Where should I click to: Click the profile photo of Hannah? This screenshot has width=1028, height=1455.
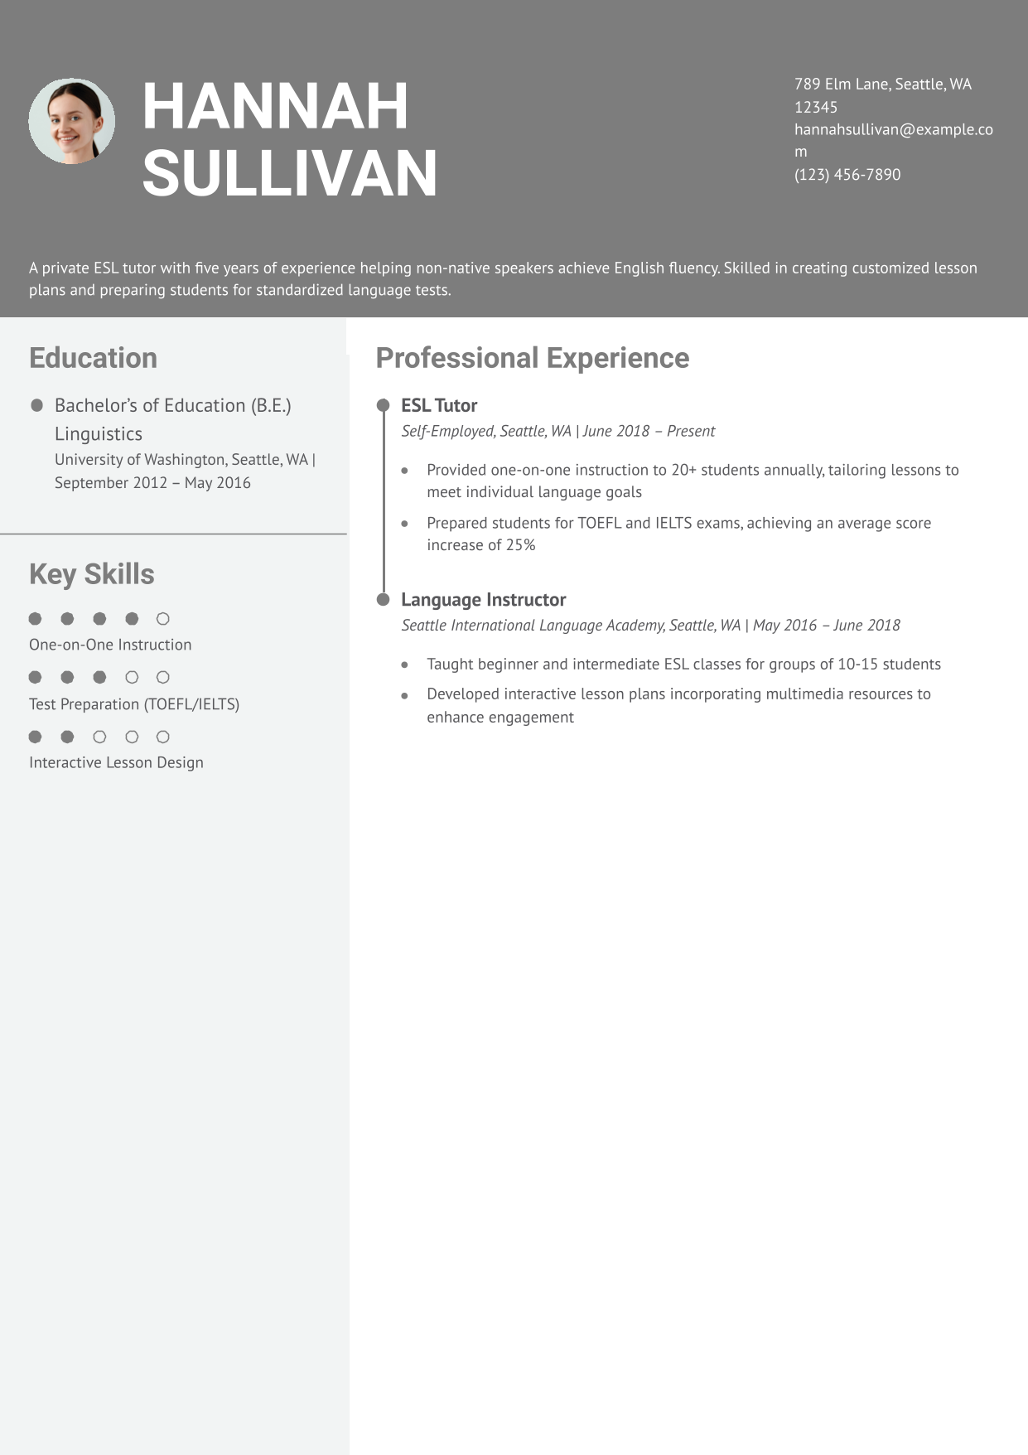click(71, 121)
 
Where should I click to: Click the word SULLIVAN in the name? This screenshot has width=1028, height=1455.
click(289, 173)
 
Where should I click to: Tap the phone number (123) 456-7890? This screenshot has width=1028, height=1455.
click(847, 175)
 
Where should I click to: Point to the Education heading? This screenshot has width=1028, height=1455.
click(93, 358)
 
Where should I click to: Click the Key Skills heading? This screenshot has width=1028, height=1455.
click(91, 574)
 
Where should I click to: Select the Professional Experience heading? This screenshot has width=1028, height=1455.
click(532, 358)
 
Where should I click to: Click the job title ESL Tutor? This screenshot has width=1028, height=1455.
click(439, 405)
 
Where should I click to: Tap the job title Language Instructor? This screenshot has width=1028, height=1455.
click(483, 599)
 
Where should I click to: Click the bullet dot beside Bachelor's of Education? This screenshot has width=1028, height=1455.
click(36, 405)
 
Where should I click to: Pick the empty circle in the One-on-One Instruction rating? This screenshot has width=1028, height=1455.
click(163, 619)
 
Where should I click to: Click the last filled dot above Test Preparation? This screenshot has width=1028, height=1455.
click(99, 677)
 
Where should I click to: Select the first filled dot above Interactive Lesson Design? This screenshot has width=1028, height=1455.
click(35, 737)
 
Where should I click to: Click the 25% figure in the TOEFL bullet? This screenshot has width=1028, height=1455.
click(520, 545)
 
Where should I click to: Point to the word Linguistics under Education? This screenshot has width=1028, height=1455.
click(99, 434)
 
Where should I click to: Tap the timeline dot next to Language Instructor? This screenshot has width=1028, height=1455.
click(383, 599)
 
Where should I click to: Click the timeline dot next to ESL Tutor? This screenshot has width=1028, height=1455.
click(383, 405)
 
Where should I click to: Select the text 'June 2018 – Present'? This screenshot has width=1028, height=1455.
click(649, 431)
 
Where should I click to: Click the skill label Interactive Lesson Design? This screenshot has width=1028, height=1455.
click(116, 762)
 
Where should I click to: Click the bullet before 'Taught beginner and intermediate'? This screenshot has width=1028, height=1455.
click(404, 665)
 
